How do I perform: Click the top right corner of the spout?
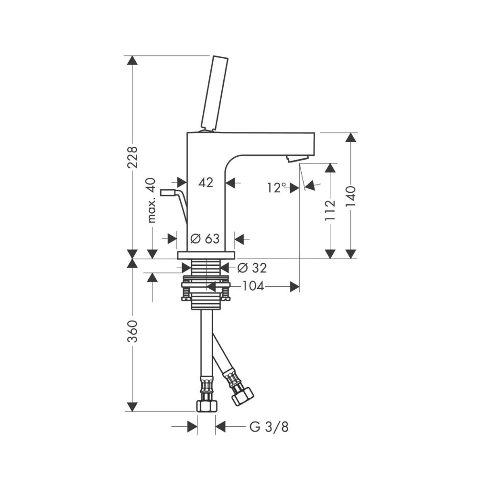coord(315,132)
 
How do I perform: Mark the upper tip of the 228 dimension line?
coord(132,56)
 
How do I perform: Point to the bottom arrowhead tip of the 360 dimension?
coord(132,411)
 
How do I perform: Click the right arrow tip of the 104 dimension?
coord(299,286)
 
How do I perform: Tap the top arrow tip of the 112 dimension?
coord(330,163)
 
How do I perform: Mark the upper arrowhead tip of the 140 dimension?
coord(351,132)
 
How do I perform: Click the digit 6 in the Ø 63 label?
coord(208,239)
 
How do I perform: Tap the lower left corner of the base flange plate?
coord(177,259)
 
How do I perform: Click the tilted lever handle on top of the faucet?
coord(215,93)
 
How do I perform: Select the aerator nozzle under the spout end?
coord(297,159)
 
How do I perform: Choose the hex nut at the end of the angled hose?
coord(243,396)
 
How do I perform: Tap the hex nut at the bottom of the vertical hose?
coord(206,406)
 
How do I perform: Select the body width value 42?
coord(206,183)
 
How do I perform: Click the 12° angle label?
coord(277,188)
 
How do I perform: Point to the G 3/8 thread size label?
coord(269,427)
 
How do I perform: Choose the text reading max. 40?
coord(152,200)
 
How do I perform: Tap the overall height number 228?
coord(132,157)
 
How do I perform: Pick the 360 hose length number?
coord(132,331)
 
